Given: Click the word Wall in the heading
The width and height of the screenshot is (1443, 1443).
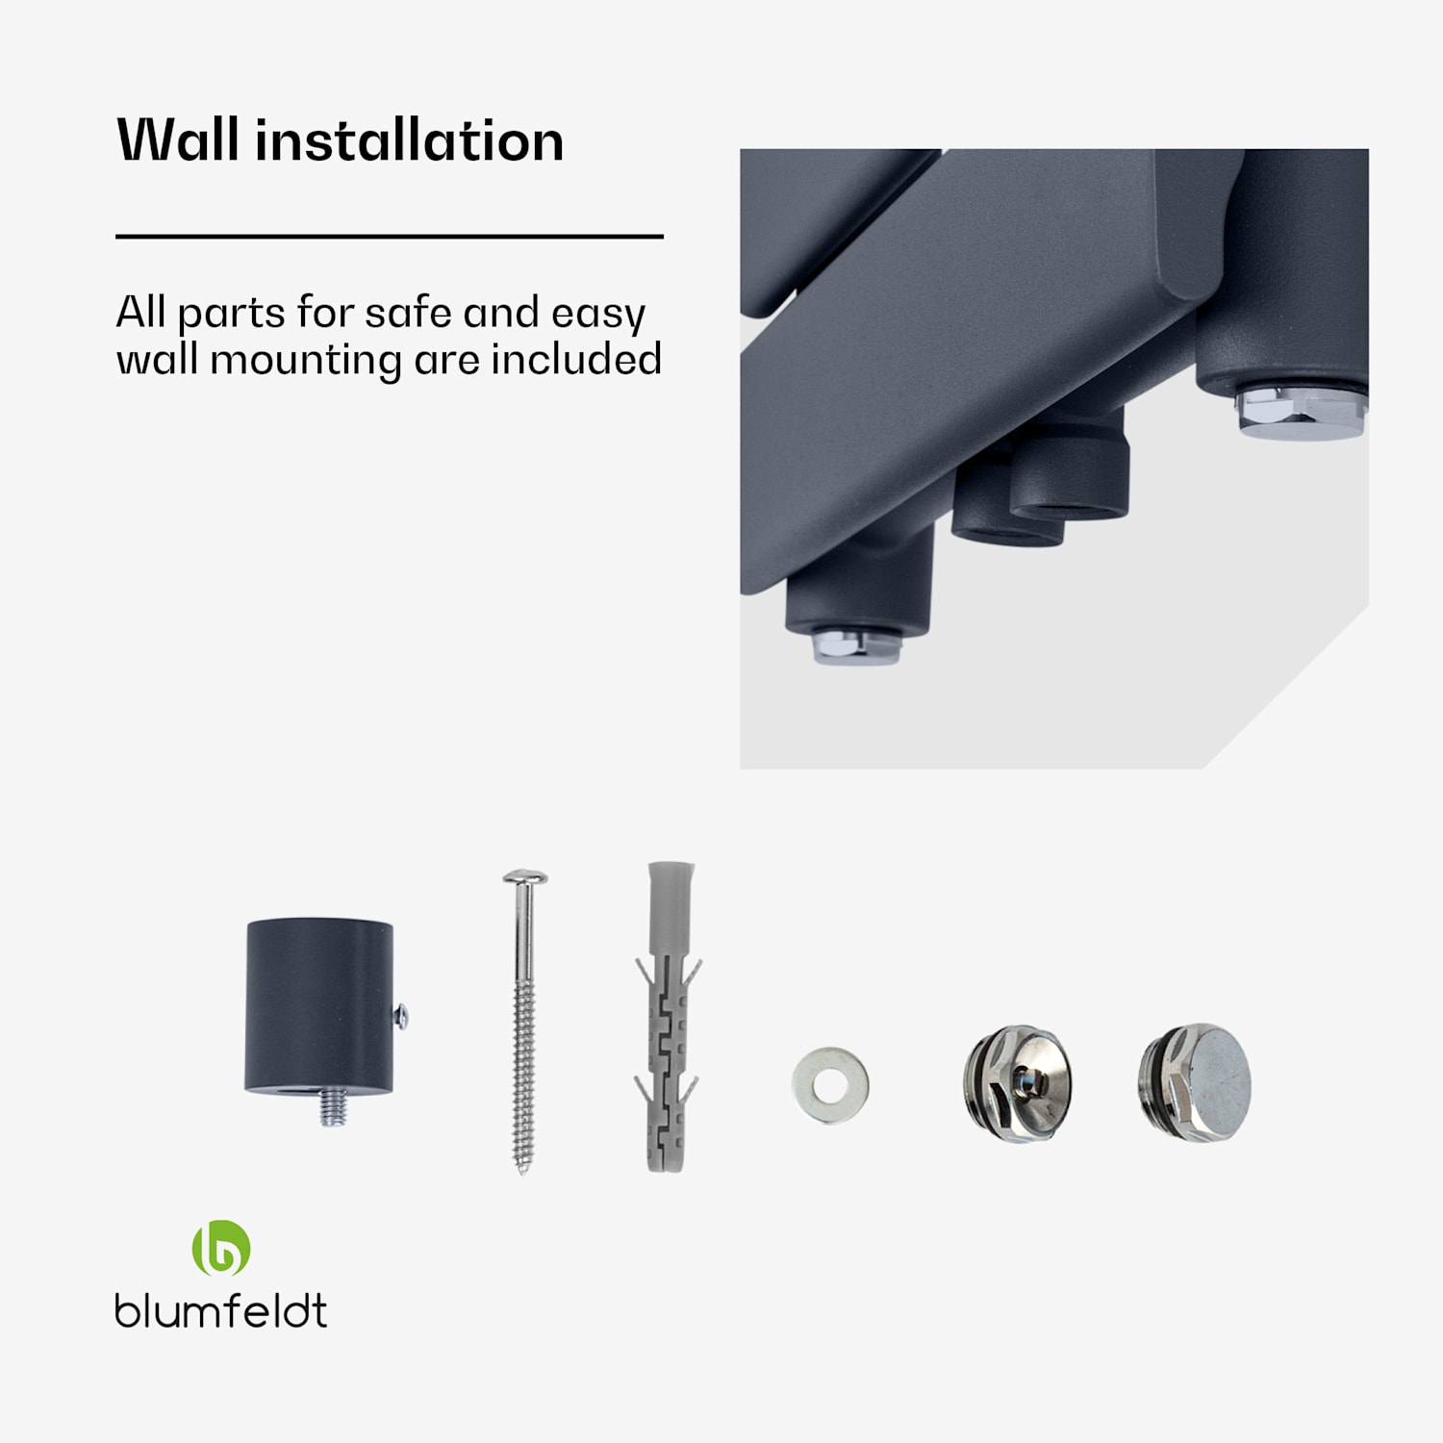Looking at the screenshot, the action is pyautogui.click(x=178, y=140).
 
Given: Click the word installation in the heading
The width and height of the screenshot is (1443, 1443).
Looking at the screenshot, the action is pyautogui.click(x=409, y=140).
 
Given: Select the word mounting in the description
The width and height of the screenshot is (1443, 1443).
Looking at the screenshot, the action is pyautogui.click(x=306, y=362).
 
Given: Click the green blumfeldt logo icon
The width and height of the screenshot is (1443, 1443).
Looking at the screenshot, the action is pyautogui.click(x=221, y=1248).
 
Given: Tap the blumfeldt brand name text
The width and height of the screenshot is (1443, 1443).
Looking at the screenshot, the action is pyautogui.click(x=221, y=1310).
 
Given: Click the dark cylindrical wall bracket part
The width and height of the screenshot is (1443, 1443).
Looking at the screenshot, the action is pyautogui.click(x=319, y=1006).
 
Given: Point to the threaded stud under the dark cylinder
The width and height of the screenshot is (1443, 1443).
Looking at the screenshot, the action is pyautogui.click(x=333, y=1109).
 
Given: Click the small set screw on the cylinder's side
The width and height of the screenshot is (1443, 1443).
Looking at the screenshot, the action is pyautogui.click(x=401, y=1015).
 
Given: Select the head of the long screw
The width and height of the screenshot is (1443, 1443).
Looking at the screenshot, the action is pyautogui.click(x=524, y=877).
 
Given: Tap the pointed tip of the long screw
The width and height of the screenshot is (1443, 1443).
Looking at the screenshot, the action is pyautogui.click(x=522, y=1171).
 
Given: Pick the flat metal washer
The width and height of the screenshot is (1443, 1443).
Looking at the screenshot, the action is pyautogui.click(x=830, y=1085).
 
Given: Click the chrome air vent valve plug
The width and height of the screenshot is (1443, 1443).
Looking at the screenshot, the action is pyautogui.click(x=1016, y=1083).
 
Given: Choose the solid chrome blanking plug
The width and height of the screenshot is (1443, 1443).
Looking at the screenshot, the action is pyautogui.click(x=1195, y=1082).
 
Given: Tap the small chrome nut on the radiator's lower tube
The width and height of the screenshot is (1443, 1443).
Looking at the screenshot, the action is pyautogui.click(x=856, y=646).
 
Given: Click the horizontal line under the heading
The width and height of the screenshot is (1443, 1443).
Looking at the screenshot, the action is pyautogui.click(x=390, y=236).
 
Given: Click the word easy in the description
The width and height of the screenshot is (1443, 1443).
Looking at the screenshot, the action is pyautogui.click(x=597, y=315).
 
